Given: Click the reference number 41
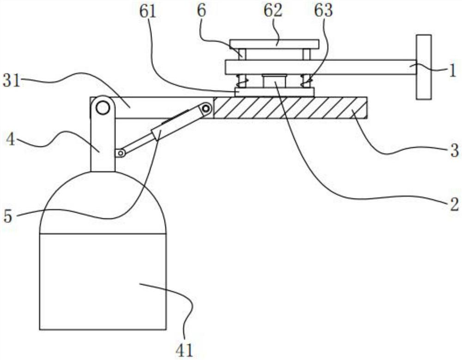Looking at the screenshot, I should coord(183,350).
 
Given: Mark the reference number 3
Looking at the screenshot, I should coord(455,150).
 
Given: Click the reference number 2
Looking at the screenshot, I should coord(454,203).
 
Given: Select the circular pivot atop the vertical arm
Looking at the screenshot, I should coord(103,108).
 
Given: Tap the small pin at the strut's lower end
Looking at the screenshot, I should coord(120,153).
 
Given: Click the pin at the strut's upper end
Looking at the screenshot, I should coord(206,109).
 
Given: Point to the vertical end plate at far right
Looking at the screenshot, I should coord(424,67).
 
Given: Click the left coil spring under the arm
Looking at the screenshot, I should coord(242,82).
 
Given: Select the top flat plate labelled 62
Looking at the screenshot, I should coord(274,44).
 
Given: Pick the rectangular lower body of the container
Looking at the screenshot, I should coord(103,282).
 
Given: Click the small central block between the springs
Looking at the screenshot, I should coord(274,81).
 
